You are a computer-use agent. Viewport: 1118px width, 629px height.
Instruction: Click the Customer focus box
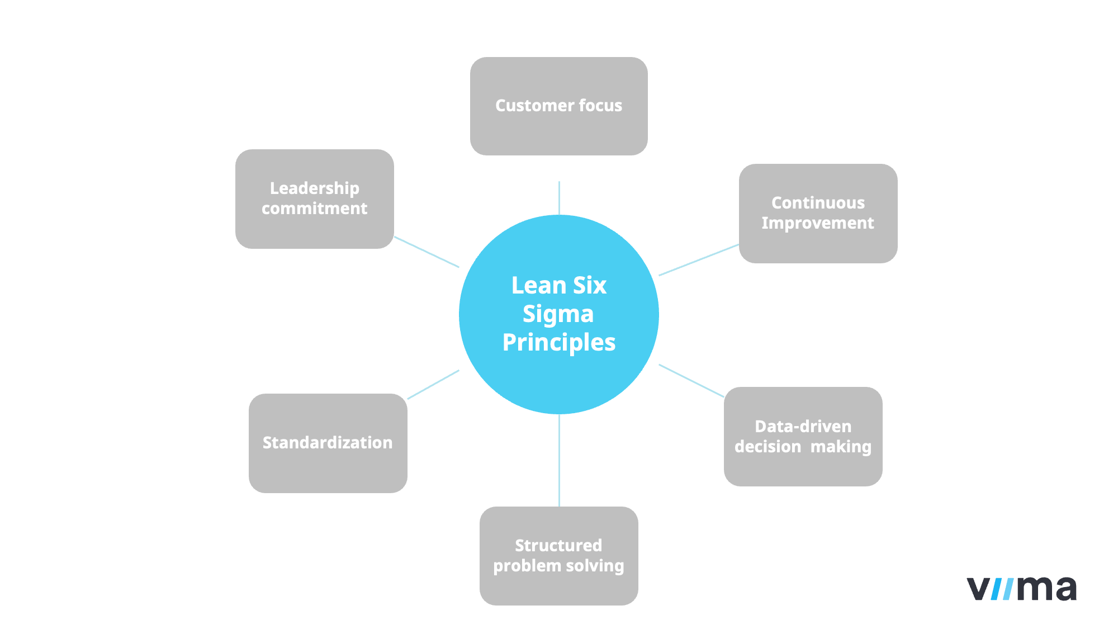(558, 106)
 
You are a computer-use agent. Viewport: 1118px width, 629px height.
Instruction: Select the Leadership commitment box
(314, 198)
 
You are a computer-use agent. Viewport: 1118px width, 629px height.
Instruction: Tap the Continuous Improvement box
(818, 213)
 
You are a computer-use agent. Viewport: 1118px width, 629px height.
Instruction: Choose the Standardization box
(328, 443)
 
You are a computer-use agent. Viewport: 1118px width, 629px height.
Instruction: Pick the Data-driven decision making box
(803, 436)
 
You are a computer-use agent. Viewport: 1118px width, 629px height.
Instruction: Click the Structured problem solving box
(558, 556)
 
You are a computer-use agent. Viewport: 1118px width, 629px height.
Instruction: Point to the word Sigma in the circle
(558, 314)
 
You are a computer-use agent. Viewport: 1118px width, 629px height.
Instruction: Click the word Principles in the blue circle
(558, 343)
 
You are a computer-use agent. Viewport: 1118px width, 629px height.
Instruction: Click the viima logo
(1021, 588)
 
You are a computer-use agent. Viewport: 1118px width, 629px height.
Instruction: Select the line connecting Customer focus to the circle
(559, 198)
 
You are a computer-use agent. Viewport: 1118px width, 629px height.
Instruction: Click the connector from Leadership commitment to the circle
(427, 252)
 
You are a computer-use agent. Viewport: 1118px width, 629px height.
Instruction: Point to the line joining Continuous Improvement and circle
(699, 260)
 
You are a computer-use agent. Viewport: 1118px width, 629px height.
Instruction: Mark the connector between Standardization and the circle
(433, 385)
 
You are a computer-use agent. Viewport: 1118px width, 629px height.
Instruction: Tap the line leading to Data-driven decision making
(691, 381)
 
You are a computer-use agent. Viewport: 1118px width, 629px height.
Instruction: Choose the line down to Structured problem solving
(559, 460)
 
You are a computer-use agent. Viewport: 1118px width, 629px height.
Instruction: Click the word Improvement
(818, 223)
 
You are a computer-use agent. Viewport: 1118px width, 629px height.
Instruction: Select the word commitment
(314, 209)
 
